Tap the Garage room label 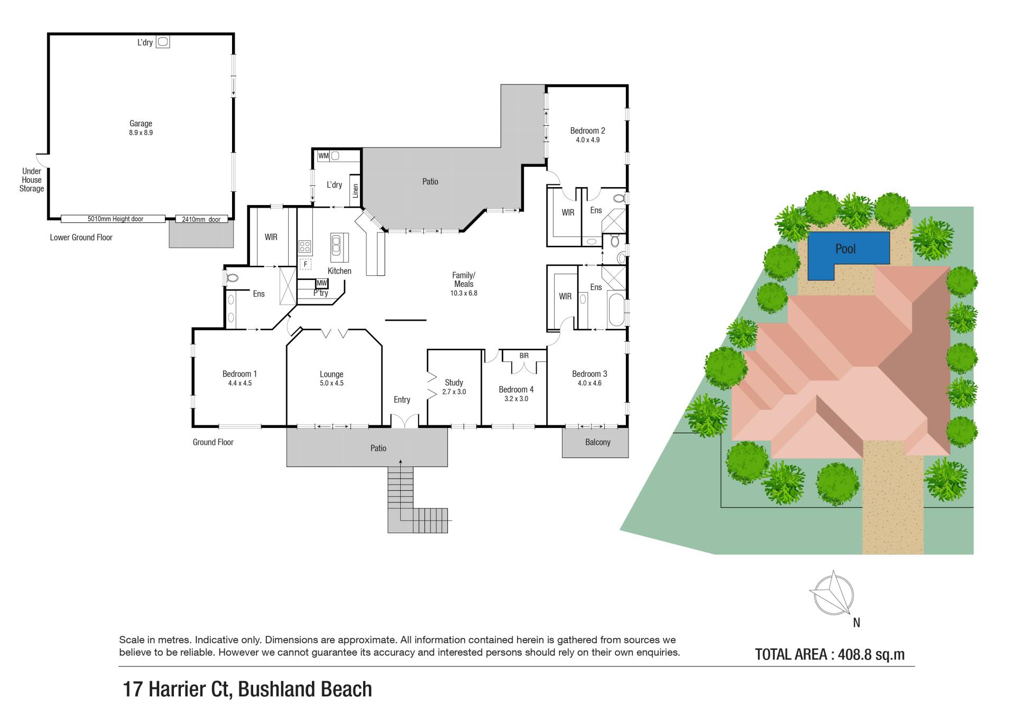click(141, 128)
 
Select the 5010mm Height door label click(115, 219)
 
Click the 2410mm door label click(201, 219)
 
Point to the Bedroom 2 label click(587, 135)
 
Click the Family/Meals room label click(464, 284)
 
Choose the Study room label click(454, 387)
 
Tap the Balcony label click(597, 442)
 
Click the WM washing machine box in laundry click(323, 156)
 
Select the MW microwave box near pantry click(321, 283)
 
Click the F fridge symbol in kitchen click(305, 264)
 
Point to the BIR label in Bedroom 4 click(523, 356)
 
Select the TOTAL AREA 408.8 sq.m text click(829, 655)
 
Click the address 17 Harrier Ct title click(247, 689)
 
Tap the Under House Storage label click(32, 180)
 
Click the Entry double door click(404, 421)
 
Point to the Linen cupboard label click(355, 190)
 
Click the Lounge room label click(331, 378)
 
